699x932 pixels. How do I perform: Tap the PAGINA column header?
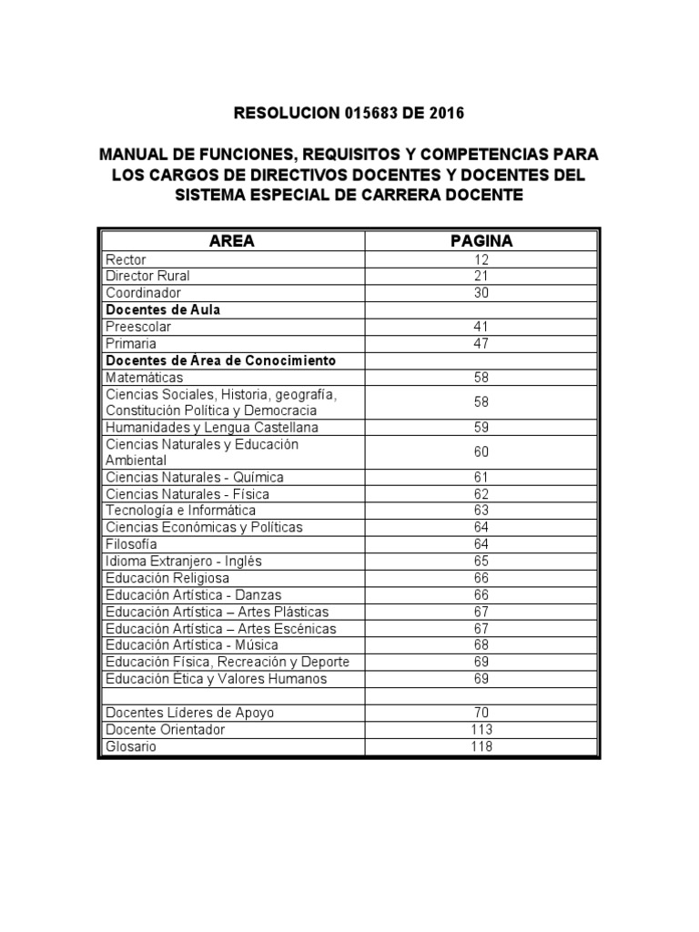point(481,241)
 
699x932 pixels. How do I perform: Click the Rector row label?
point(126,259)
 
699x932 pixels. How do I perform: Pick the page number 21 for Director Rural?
point(481,276)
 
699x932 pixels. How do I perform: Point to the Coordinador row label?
point(143,293)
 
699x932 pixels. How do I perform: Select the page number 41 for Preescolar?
point(481,327)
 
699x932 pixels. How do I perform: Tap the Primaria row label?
point(131,343)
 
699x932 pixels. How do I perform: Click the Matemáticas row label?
point(144,377)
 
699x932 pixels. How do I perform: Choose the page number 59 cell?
point(481,427)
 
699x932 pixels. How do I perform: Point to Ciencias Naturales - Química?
point(195,477)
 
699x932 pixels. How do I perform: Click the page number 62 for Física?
point(481,494)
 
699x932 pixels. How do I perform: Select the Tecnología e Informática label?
point(181,511)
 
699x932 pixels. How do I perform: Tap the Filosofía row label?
point(131,544)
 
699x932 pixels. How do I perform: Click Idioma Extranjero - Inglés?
point(184,562)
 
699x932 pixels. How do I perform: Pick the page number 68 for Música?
point(481,645)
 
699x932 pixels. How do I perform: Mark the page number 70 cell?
point(481,713)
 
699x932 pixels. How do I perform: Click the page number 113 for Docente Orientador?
point(481,730)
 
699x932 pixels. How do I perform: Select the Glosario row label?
point(131,746)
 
